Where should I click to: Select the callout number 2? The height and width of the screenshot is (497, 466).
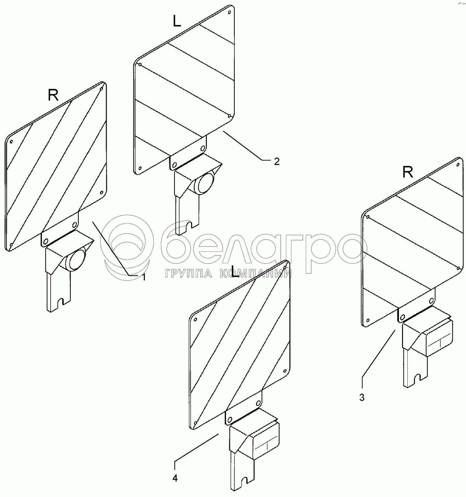coord(276,162)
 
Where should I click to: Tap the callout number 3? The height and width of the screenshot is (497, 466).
coord(362,397)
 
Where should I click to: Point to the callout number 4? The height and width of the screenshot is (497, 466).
coord(175,478)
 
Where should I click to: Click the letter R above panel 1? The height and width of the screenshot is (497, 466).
coord(54,95)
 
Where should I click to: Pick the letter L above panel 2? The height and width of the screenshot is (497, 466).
coord(177,21)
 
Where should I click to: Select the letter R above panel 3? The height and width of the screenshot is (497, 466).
coord(408,172)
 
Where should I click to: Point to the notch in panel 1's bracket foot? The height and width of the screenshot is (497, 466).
coord(60,303)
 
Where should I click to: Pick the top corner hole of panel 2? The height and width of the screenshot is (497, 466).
coord(229,12)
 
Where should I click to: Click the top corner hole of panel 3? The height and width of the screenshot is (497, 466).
coord(458,165)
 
